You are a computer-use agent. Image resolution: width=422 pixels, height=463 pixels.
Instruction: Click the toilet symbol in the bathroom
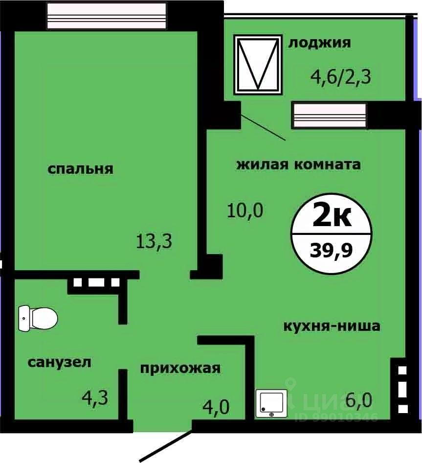[x=38, y=318]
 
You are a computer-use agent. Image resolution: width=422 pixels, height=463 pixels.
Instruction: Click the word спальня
[x=80, y=169]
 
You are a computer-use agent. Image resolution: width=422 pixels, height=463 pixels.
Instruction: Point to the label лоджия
[x=319, y=43]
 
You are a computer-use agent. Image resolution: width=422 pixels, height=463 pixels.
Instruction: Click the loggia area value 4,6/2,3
[x=340, y=77]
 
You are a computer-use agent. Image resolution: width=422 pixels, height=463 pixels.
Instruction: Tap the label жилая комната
[x=298, y=164]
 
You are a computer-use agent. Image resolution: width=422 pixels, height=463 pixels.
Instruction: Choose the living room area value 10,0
[x=245, y=211]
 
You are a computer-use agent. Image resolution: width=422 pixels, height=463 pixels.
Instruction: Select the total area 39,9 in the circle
[x=331, y=252]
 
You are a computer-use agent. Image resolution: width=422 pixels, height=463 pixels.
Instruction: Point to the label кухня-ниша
[x=332, y=326]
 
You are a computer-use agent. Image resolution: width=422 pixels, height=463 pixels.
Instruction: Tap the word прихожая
[x=180, y=368]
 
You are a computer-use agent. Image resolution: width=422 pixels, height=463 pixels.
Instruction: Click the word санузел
[x=60, y=362]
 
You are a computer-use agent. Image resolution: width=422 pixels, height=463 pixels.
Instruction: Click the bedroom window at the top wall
[x=107, y=16]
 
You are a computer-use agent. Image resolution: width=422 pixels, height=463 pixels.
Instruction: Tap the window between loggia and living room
[x=330, y=116]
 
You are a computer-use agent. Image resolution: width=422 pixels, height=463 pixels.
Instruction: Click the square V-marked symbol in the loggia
[x=258, y=64]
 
